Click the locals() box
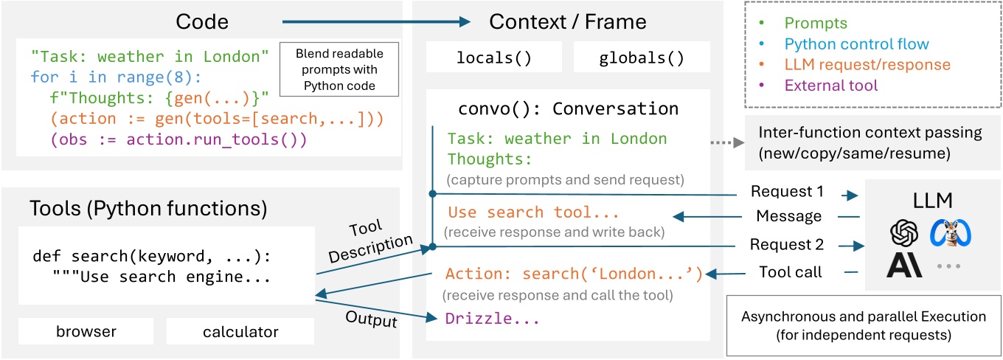(x=494, y=58)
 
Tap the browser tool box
(x=86, y=332)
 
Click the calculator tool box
(x=240, y=332)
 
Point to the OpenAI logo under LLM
(x=903, y=234)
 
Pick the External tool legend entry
(x=831, y=86)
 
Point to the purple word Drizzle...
(x=492, y=319)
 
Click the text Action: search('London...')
(x=572, y=274)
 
